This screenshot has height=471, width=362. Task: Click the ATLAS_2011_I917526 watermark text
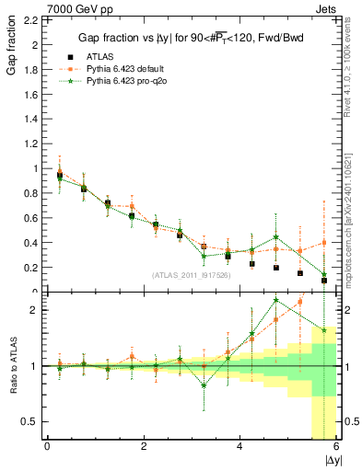pos(192,275)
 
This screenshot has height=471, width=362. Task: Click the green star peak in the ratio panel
pos(276,300)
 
